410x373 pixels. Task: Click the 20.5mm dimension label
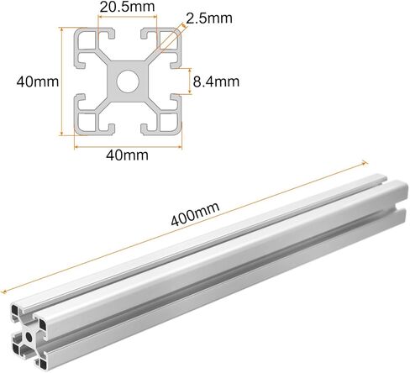pos(127,7)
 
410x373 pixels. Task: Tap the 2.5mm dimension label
pos(209,18)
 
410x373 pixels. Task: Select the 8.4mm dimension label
pos(216,81)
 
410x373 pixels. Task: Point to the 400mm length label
pos(195,213)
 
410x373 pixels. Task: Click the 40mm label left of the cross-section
pos(38,81)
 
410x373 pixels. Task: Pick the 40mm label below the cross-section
pos(127,155)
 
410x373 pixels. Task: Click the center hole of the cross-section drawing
pos(128,81)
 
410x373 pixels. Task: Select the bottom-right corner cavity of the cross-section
pos(169,123)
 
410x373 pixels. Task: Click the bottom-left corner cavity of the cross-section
pos(87,123)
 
